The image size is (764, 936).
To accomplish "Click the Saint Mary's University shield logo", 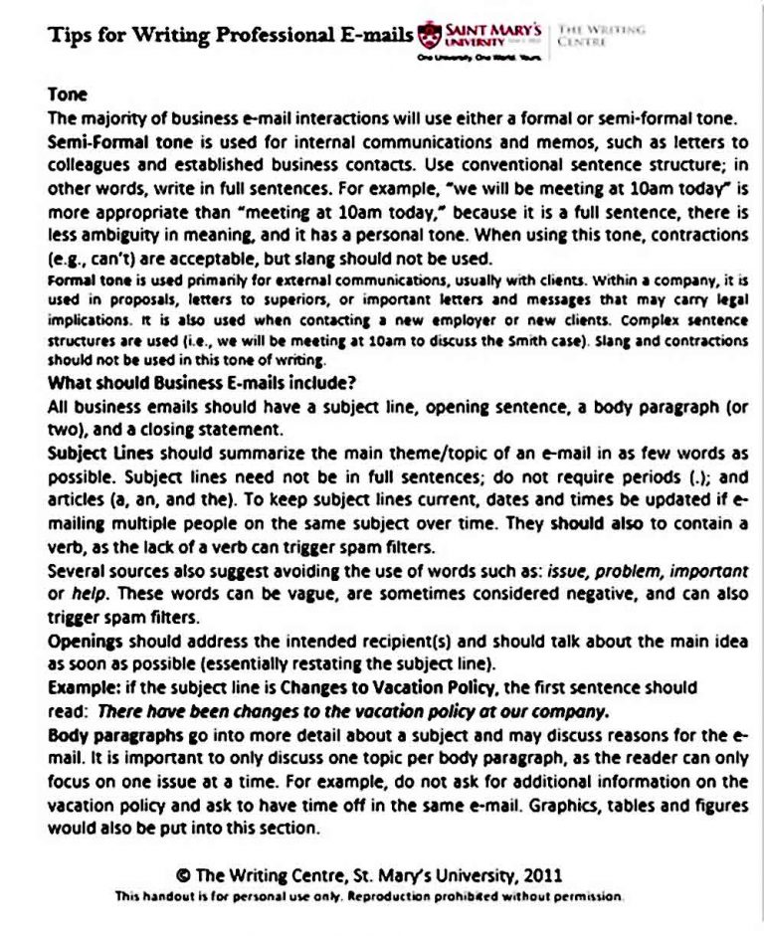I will (429, 37).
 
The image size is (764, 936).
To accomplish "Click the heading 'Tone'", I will (68, 95).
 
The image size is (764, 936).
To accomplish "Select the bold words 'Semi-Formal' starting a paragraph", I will (93, 141).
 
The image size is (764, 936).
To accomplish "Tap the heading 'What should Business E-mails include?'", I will (202, 383).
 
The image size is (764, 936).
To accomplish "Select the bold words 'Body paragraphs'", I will (115, 736).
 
